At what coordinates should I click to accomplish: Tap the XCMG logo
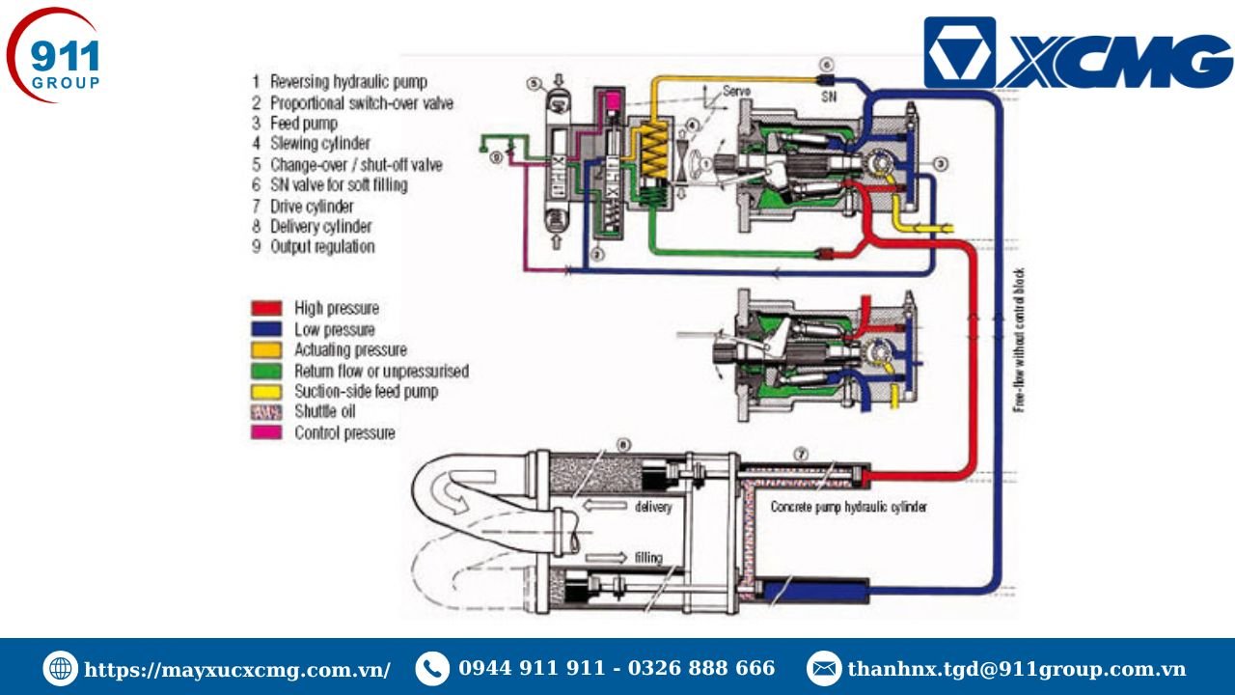click(x=1077, y=54)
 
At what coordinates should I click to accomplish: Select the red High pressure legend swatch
click(x=266, y=308)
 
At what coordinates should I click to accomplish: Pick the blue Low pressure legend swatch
click(x=266, y=329)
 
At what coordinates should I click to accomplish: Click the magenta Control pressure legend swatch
click(x=266, y=433)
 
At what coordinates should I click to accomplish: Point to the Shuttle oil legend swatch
click(x=266, y=412)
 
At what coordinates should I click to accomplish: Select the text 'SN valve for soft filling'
click(x=338, y=185)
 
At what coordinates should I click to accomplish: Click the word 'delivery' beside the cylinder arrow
click(x=653, y=507)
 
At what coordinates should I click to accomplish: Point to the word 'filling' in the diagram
click(x=648, y=557)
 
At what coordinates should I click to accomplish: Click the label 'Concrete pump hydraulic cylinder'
click(x=848, y=507)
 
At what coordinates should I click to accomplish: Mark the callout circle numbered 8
click(x=623, y=444)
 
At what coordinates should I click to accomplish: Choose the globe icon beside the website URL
click(x=60, y=669)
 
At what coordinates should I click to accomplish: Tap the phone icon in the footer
click(x=432, y=669)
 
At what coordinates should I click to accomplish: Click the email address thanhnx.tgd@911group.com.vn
click(x=1016, y=669)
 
